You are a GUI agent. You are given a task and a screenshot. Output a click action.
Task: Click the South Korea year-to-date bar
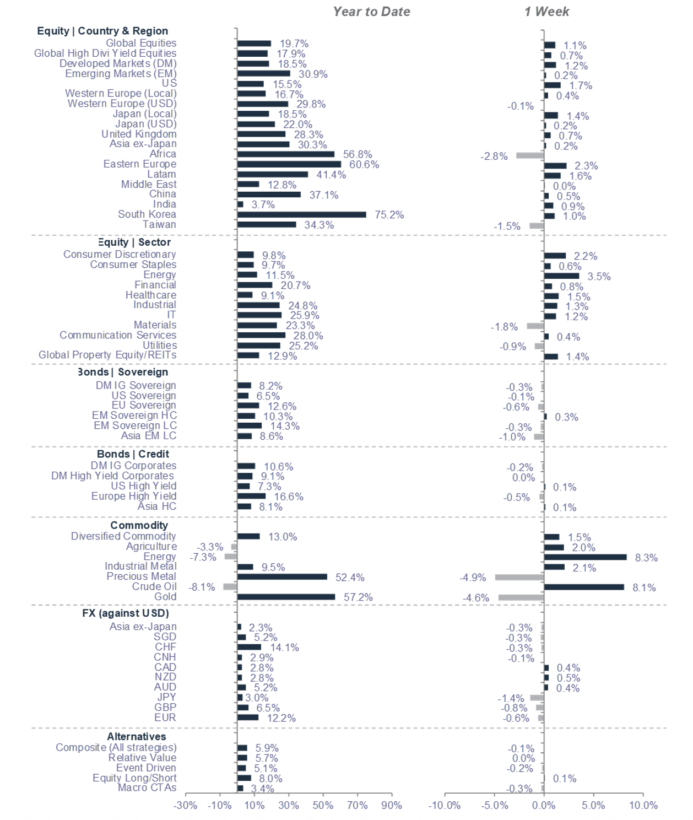click(301, 214)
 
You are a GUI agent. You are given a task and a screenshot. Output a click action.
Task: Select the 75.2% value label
click(389, 215)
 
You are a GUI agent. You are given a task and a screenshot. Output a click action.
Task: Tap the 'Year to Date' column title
click(371, 12)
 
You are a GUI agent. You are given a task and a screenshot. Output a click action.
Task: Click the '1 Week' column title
click(546, 12)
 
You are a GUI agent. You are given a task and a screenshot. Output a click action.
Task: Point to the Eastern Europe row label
click(140, 164)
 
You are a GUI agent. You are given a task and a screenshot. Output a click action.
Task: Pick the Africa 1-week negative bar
click(530, 155)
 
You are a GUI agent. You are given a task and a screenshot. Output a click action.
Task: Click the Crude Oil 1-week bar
click(584, 587)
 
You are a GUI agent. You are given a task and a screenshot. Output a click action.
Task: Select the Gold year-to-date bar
click(286, 597)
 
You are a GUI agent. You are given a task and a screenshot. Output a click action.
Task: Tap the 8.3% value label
click(646, 558)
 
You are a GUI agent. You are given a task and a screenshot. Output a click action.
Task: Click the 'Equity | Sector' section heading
click(134, 242)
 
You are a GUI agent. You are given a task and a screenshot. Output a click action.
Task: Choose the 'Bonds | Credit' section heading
click(133, 454)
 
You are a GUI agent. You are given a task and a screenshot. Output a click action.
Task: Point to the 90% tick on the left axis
click(392, 805)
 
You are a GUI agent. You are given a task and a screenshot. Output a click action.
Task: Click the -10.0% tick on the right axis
click(445, 805)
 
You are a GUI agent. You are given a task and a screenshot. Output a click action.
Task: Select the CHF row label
click(165, 647)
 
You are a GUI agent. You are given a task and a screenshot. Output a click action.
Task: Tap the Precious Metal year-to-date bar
click(282, 577)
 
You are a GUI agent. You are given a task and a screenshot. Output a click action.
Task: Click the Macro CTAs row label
click(147, 787)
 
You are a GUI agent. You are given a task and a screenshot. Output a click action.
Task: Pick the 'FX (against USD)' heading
click(126, 613)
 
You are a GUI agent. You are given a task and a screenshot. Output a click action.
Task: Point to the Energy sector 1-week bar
click(561, 276)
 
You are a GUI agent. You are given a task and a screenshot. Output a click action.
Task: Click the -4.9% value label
click(473, 578)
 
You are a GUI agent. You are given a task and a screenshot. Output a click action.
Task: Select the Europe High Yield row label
click(134, 496)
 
